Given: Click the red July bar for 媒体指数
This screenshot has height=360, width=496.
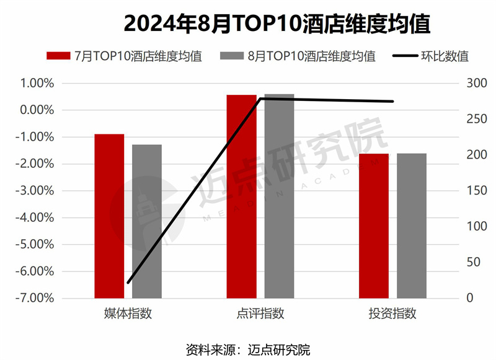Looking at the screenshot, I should pyautogui.click(x=109, y=216).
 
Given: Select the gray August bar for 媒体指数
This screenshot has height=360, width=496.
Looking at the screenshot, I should pyautogui.click(x=147, y=221).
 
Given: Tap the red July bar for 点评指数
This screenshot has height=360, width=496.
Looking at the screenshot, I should pyautogui.click(x=241, y=196).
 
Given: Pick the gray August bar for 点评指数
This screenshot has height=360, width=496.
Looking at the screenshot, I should pyautogui.click(x=279, y=196).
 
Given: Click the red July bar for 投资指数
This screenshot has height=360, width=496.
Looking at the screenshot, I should pyautogui.click(x=373, y=226).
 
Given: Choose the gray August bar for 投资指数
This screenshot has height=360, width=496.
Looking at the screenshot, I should pyautogui.click(x=412, y=226).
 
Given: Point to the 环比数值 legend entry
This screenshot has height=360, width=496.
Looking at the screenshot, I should pyautogui.click(x=431, y=56).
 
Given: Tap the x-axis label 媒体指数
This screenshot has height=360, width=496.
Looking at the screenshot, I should pyautogui.click(x=128, y=314).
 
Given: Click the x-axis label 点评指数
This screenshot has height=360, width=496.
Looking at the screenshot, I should pyautogui.click(x=260, y=314).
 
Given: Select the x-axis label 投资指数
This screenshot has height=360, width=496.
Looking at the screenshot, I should pyautogui.click(x=392, y=314).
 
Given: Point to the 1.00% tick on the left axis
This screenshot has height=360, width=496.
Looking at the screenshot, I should pyautogui.click(x=38, y=83).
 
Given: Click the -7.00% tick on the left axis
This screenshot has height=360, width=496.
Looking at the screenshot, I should pyautogui.click(x=37, y=298).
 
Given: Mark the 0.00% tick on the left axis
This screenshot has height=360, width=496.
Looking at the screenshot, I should pyautogui.click(x=38, y=110).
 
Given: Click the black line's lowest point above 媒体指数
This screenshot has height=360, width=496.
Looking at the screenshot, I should pyautogui.click(x=128, y=283).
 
